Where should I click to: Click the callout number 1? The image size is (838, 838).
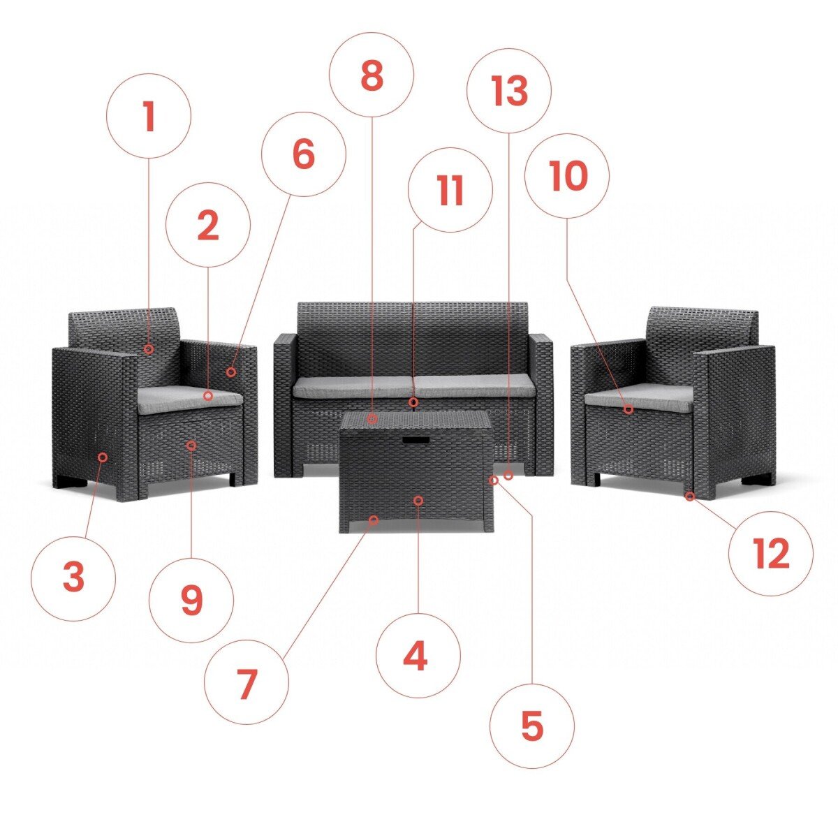tap(149, 116)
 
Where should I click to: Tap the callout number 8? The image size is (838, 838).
tap(372, 75)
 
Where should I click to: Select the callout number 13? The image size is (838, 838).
tap(510, 91)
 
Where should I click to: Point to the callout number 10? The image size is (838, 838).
tap(568, 176)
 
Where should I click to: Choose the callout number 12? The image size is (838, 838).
tap(772, 553)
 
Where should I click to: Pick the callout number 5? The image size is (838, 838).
tap(532, 726)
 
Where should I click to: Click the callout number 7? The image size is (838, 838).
tap(247, 684)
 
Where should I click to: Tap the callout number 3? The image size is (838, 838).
tap(73, 577)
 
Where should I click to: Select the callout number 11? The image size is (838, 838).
tap(451, 191)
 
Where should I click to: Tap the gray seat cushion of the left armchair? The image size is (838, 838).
tap(190, 399)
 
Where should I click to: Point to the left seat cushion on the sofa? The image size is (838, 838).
tap(352, 386)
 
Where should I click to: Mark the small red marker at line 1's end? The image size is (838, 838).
tap(149, 348)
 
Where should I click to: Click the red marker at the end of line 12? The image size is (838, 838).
tap(690, 497)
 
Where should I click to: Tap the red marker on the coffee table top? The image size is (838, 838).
tap(372, 419)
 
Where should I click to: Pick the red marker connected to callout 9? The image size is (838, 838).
tap(191, 446)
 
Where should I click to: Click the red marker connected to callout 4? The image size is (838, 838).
tap(418, 501)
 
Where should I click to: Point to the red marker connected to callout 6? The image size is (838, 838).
tap(231, 372)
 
